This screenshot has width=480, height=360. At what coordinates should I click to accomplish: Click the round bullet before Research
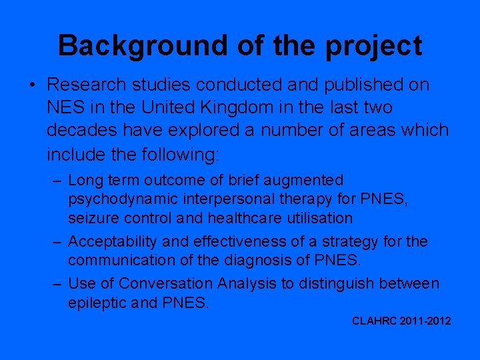[x=31, y=85]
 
